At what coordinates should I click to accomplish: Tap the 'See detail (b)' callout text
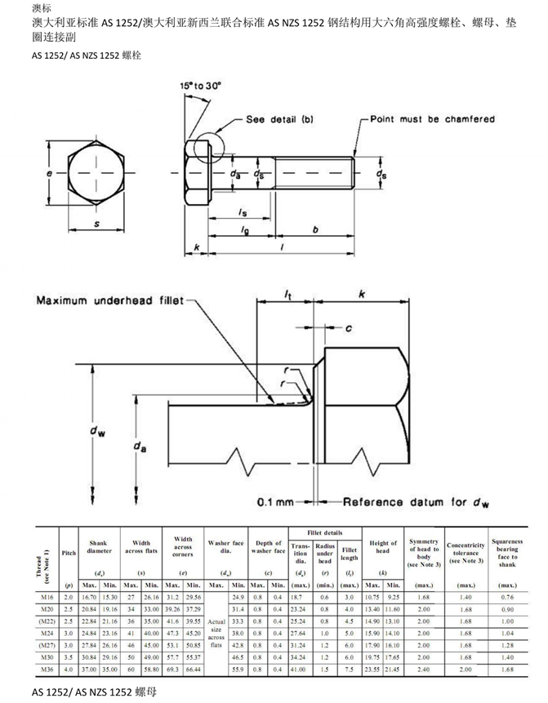(279, 120)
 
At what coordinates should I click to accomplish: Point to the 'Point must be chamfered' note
(432, 119)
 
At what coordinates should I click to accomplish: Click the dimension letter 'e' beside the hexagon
(50, 175)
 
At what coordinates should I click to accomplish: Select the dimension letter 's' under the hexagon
(96, 223)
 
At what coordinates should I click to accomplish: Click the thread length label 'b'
(315, 231)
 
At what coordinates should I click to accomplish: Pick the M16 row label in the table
(47, 598)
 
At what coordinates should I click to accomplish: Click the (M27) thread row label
(47, 645)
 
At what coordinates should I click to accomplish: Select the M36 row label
(47, 669)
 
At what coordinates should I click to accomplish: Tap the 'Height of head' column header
(382, 547)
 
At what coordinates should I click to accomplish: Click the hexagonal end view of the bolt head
(96, 176)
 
